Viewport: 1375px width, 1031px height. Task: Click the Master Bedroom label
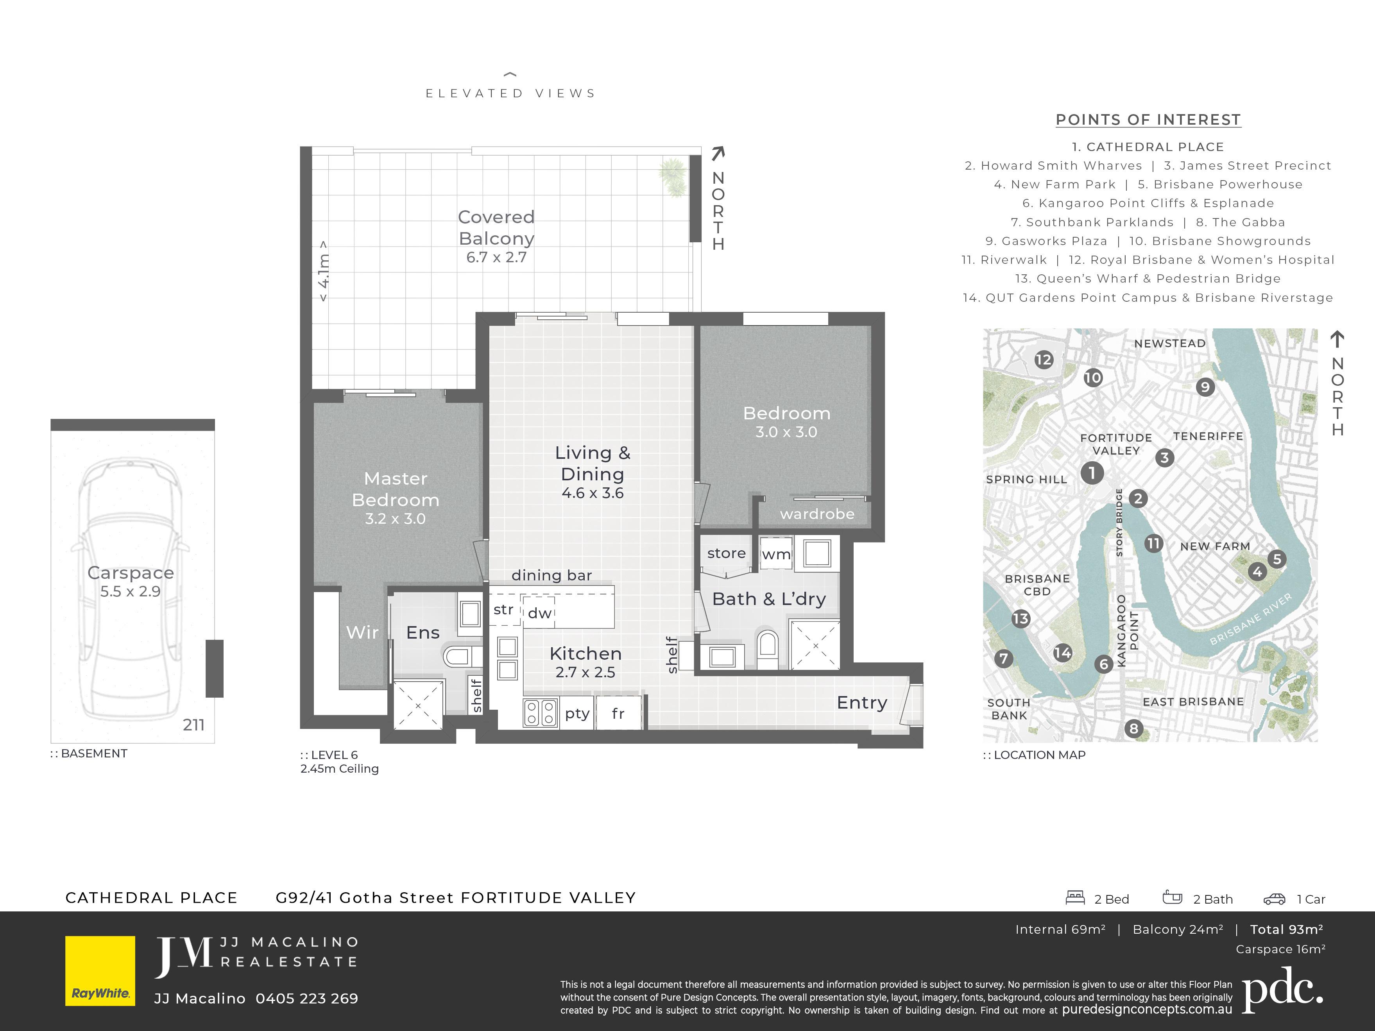tap(396, 489)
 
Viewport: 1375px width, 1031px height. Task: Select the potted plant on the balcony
tap(673, 177)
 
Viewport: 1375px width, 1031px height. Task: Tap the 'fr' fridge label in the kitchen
tap(618, 713)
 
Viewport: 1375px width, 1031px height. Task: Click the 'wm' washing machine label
tap(776, 554)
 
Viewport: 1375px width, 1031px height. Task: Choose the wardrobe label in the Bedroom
tap(817, 514)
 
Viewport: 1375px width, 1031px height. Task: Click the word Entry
tap(861, 702)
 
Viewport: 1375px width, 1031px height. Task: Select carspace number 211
tap(193, 725)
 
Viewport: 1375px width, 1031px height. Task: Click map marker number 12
tap(1044, 359)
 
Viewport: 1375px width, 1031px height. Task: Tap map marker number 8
tap(1134, 729)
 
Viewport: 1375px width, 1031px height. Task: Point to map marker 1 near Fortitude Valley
tap(1092, 473)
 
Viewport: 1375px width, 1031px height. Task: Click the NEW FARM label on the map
tap(1215, 546)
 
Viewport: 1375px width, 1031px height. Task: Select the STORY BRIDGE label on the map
tap(1119, 522)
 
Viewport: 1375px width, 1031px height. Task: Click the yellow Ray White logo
tap(100, 971)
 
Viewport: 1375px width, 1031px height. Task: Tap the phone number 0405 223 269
tap(307, 998)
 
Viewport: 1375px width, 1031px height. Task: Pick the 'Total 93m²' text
tap(1286, 929)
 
